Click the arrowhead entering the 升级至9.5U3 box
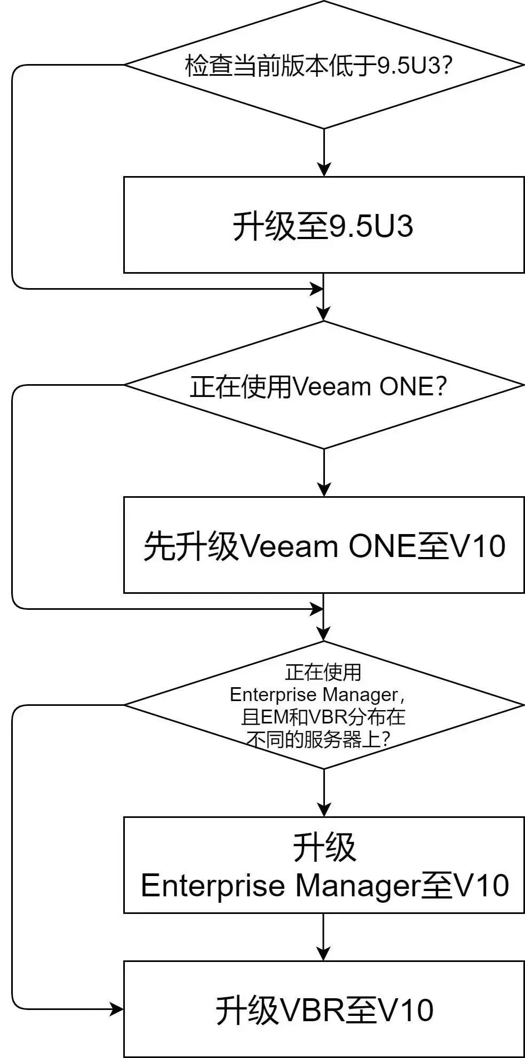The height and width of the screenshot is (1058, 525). coord(324,170)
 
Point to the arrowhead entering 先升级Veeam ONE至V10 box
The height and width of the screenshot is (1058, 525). coord(324,490)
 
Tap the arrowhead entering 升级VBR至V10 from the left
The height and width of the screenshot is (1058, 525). coord(117,1009)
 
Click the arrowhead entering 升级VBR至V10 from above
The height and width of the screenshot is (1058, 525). coord(324,954)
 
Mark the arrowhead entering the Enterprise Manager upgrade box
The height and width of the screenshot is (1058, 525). coord(324,809)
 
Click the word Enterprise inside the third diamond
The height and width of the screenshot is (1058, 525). coord(273,695)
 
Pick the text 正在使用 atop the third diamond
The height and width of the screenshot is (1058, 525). coord(323,672)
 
